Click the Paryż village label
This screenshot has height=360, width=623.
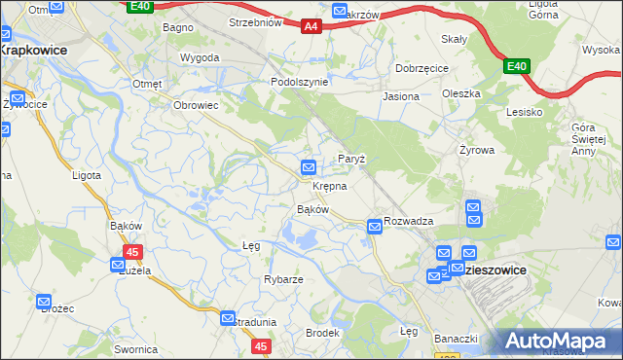350,159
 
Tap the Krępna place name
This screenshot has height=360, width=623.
329,185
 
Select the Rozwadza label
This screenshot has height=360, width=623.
408,221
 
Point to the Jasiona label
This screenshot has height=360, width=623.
401,96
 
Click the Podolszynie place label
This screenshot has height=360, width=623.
299,83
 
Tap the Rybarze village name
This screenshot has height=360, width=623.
283,279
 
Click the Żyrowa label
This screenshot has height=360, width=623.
477,151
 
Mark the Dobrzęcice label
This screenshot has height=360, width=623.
421,69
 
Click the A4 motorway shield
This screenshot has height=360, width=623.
310,27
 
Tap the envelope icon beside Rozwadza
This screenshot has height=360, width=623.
375,227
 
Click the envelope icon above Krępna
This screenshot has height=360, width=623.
309,167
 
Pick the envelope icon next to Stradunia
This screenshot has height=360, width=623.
228,318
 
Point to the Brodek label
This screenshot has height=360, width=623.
322,333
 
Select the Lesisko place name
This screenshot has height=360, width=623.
524,112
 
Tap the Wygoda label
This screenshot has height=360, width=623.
200,57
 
